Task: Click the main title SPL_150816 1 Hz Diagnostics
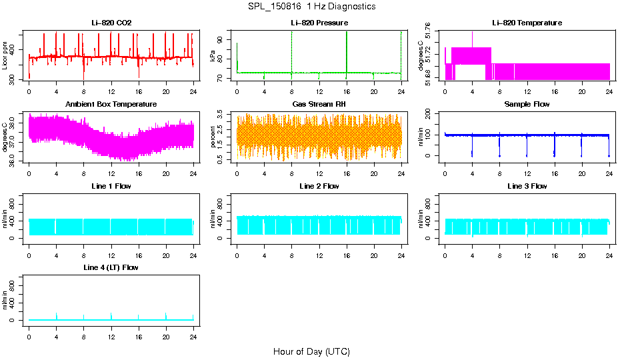pyautogui.click(x=311, y=7)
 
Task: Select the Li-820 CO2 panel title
pyautogui.click(x=111, y=23)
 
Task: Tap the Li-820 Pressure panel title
pyautogui.click(x=319, y=23)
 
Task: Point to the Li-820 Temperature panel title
pyautogui.click(x=527, y=23)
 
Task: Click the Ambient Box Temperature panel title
pyautogui.click(x=111, y=105)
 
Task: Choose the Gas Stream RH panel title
pyautogui.click(x=319, y=105)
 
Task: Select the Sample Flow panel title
pyautogui.click(x=527, y=105)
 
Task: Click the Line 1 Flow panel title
pyautogui.click(x=111, y=186)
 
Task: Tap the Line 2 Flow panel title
pyautogui.click(x=319, y=186)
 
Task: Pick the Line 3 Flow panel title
pyautogui.click(x=527, y=186)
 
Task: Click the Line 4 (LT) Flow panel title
pyautogui.click(x=111, y=267)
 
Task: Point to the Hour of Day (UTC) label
pyautogui.click(x=311, y=351)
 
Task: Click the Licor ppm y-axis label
pyautogui.click(x=5, y=56)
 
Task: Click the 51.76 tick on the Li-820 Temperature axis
pyautogui.click(x=429, y=31)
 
